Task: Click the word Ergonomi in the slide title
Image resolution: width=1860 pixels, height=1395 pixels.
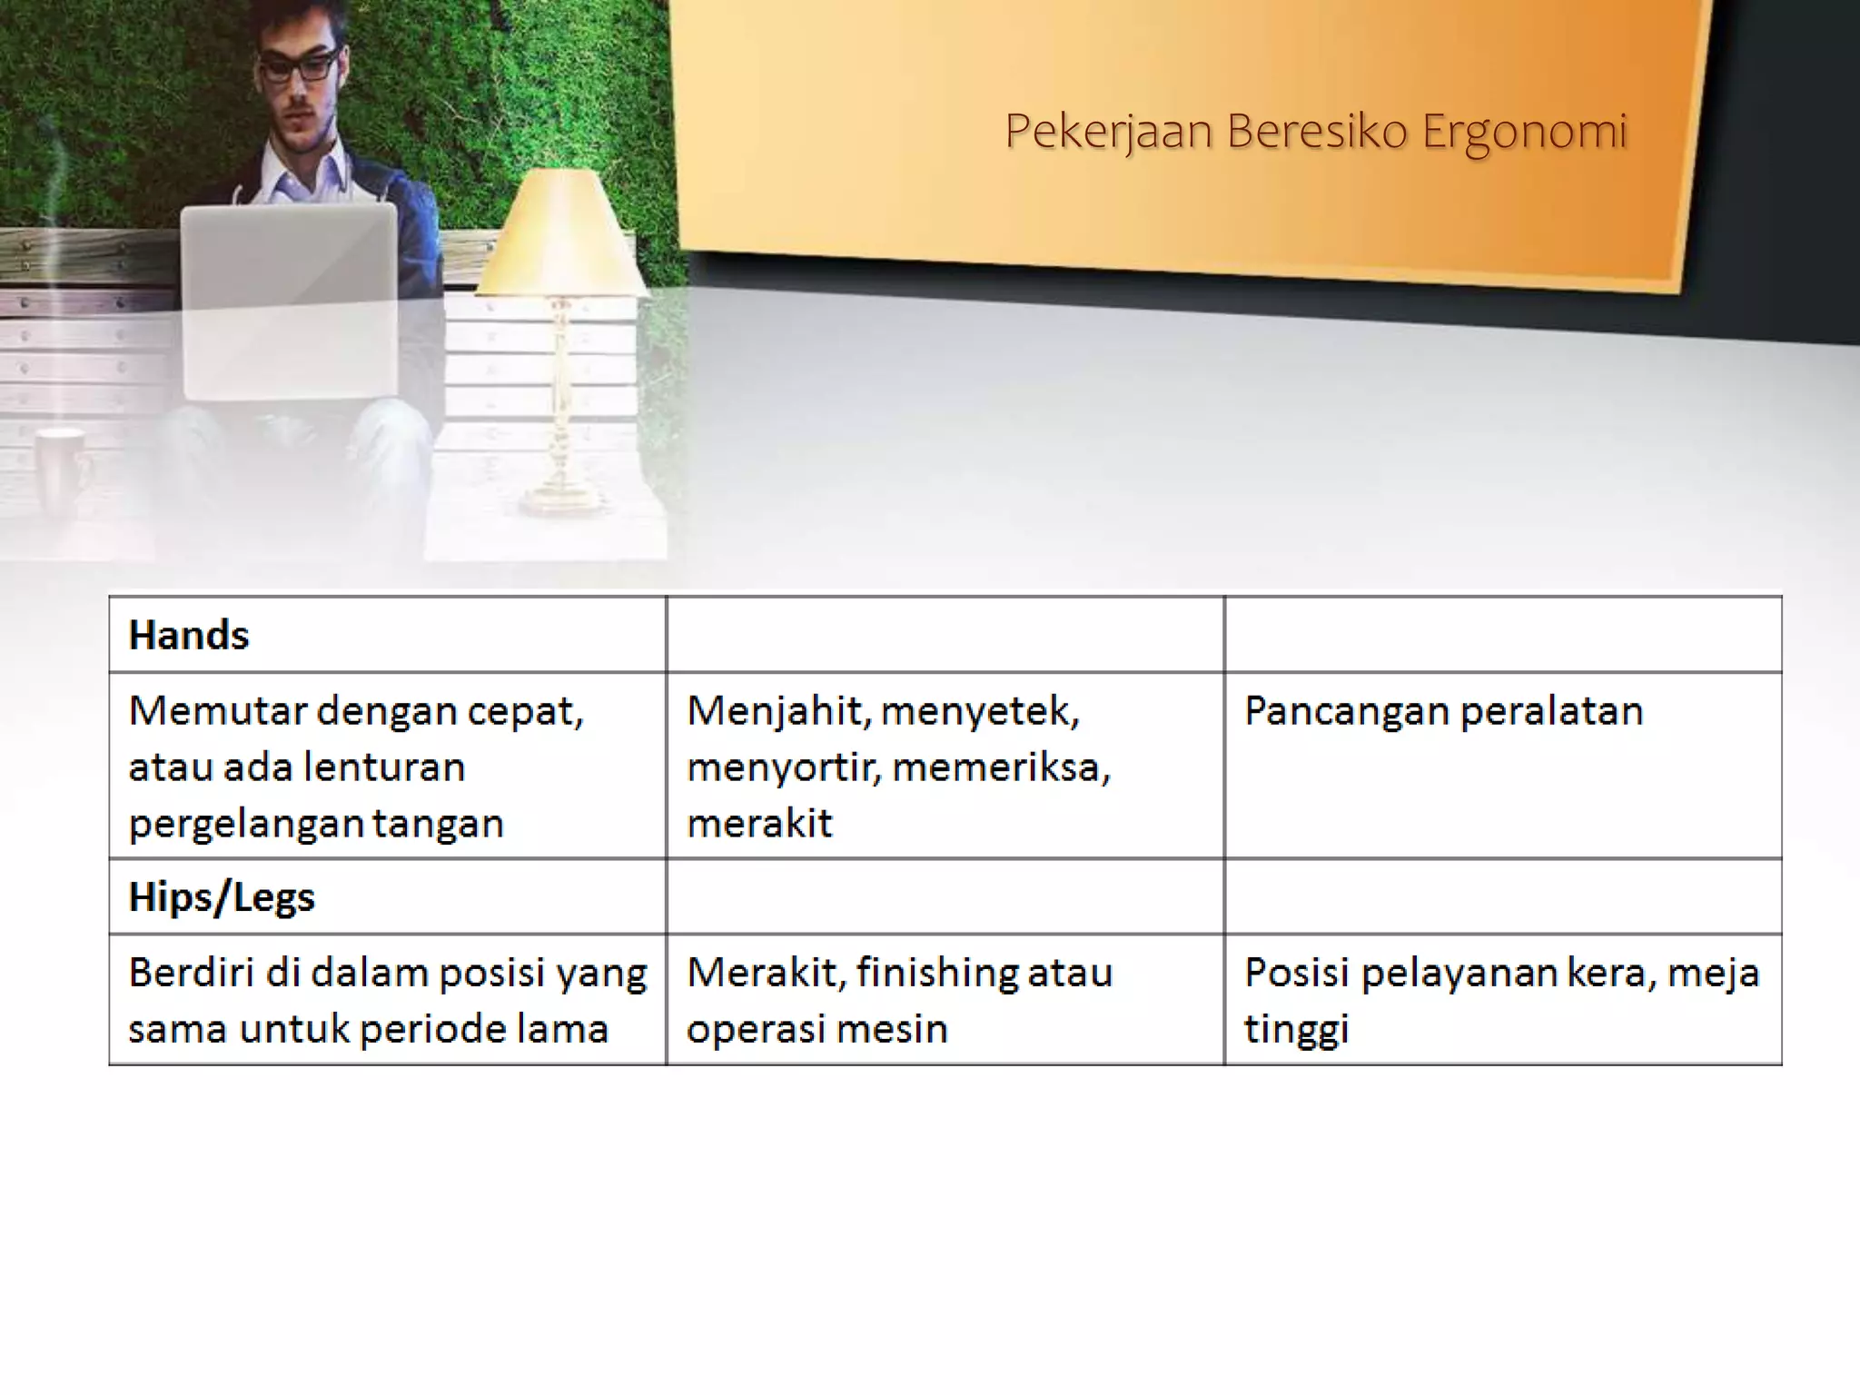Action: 1525,133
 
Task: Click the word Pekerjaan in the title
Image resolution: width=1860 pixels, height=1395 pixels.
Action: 1109,133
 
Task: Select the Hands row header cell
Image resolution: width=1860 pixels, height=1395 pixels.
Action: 189,635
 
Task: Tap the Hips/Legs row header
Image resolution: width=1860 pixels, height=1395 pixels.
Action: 222,897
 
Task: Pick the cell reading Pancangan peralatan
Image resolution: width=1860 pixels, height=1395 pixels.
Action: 1443,711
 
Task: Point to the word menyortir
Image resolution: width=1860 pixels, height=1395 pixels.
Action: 784,768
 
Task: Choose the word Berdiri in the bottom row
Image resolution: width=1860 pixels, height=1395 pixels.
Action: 189,973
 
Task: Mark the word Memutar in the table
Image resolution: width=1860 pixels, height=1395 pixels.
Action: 216,711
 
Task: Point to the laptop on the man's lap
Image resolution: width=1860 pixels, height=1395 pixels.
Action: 289,300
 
